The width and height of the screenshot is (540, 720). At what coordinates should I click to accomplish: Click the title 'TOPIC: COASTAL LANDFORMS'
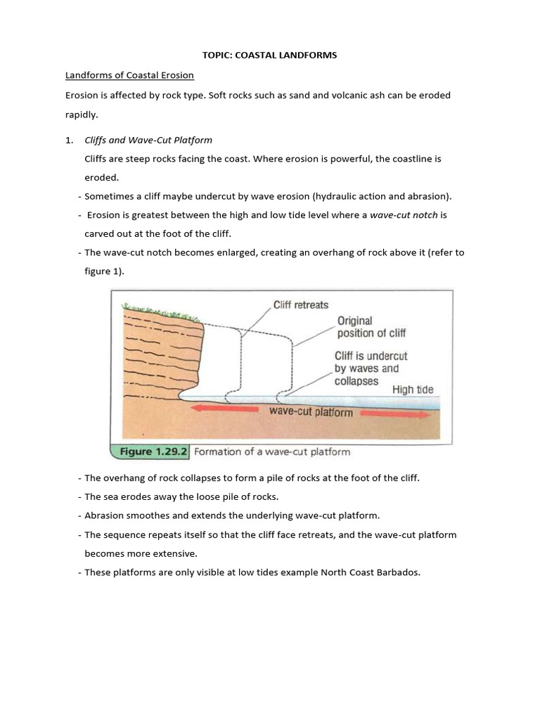pos(269,56)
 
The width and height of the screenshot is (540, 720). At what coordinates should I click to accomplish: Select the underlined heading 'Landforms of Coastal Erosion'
pos(129,75)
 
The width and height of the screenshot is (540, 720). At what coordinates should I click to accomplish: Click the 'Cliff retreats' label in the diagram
pos(300,306)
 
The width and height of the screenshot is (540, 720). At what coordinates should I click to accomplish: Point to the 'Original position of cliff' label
pos(371,327)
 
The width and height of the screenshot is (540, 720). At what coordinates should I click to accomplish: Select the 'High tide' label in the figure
pos(413,390)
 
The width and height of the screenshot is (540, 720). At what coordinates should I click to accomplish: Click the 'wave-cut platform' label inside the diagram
pos(311,412)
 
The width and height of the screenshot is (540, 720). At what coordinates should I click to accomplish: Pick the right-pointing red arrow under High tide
pos(395,413)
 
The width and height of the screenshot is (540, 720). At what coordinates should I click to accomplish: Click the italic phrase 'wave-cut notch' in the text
pos(404,215)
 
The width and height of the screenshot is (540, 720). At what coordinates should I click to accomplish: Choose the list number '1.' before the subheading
pos(70,140)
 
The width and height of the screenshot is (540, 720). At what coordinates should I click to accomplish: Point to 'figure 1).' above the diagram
pos(104,271)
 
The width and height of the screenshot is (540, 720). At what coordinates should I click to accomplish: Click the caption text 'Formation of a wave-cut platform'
pos(271,451)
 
